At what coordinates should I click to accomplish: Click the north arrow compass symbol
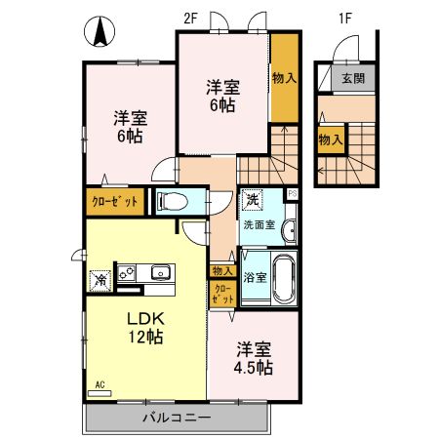[99, 32]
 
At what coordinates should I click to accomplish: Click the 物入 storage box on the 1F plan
[331, 140]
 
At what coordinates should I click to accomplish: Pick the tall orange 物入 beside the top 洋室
[284, 77]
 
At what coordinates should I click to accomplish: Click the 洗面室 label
[259, 226]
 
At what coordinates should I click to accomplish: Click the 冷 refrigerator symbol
[99, 278]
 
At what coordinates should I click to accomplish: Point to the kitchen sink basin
[161, 273]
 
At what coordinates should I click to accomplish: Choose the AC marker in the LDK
[100, 385]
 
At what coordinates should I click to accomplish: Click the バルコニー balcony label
[176, 417]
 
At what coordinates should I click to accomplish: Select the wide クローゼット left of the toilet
[115, 202]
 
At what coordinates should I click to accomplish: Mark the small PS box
[293, 193]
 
